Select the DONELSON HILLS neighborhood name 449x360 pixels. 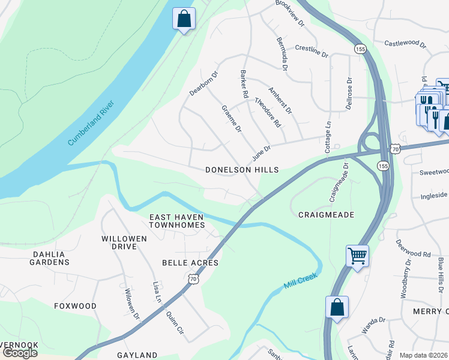pos(242,170)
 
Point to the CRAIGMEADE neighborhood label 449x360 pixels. pos(325,214)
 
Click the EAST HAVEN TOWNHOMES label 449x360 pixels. pos(176,221)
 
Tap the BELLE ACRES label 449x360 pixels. pos(190,263)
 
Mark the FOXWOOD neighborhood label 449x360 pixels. pos(75,306)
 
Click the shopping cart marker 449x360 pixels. pos(357,256)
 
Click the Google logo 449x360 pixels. pos(20,353)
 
